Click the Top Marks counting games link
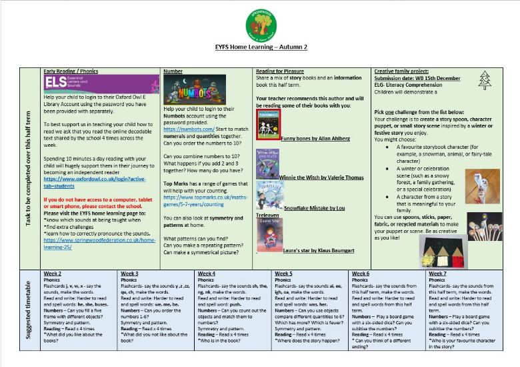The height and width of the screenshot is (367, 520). point(203,201)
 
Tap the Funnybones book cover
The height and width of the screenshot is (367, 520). point(268,124)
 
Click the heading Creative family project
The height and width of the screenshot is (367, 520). point(401,70)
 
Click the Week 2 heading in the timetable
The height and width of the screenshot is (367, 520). point(53,273)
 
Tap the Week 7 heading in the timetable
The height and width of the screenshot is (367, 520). point(439,273)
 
